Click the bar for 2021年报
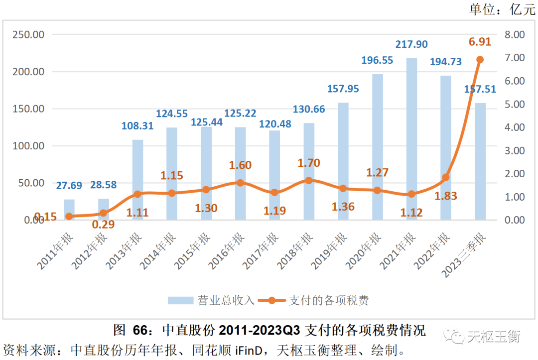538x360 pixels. tap(411, 139)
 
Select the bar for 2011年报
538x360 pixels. tap(69, 210)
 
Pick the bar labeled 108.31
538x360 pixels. tap(138, 180)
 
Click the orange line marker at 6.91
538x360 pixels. tap(480, 60)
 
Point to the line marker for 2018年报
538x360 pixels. tap(309, 180)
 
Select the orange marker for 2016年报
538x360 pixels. tap(241, 183)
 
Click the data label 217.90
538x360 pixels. tap(411, 44)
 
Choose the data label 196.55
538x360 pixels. tap(377, 60)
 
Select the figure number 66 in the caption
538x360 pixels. tap(140, 330)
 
